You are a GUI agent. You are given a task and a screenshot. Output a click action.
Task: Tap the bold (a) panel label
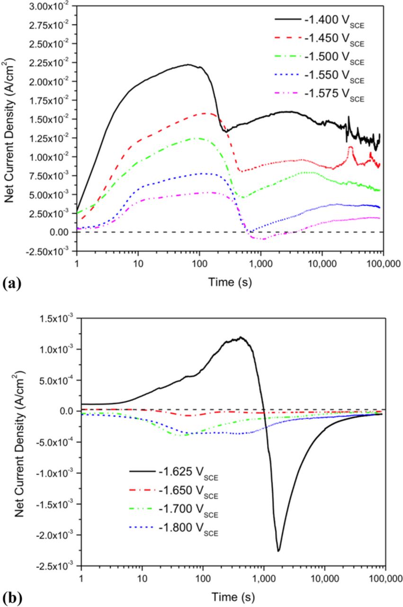tap(11, 284)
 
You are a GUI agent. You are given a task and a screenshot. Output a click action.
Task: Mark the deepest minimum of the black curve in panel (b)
tap(278, 551)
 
